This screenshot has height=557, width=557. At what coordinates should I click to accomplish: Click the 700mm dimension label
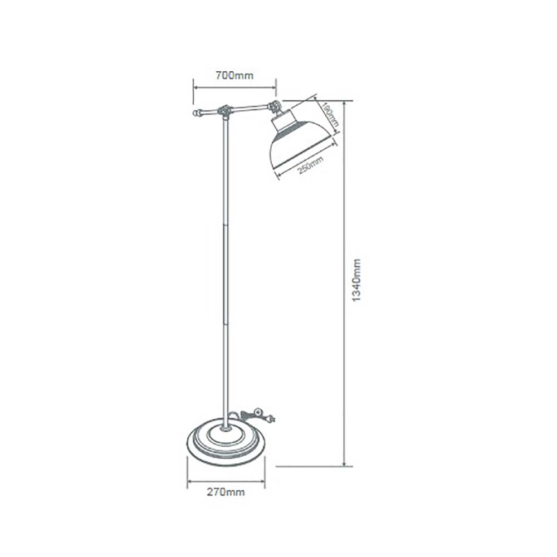coord(234,76)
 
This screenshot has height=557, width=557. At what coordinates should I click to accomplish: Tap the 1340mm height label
coord(358,280)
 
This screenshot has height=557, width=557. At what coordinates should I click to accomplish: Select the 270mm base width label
coord(226,492)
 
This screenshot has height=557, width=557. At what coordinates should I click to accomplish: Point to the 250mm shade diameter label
coord(310,165)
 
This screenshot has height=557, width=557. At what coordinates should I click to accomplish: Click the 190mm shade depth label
coord(329,116)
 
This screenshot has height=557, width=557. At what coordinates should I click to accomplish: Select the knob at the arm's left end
coord(196,113)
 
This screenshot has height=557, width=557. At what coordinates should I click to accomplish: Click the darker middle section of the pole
coord(225,273)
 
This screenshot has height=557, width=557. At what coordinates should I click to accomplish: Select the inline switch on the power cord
coord(256,413)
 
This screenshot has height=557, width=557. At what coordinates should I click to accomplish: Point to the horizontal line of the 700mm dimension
coord(234,86)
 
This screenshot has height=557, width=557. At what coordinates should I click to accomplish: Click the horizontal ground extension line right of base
coord(312,467)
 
